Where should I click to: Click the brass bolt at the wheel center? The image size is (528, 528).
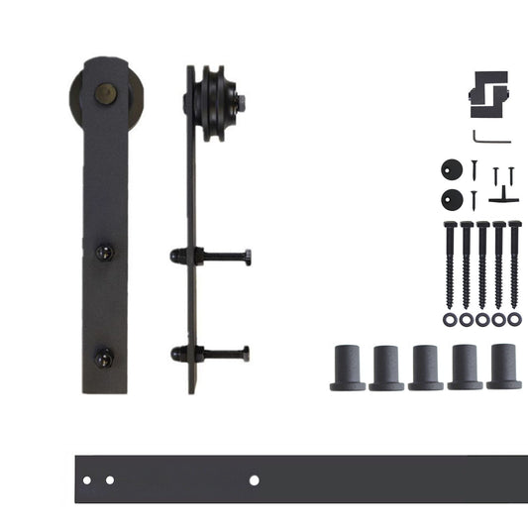(102, 94)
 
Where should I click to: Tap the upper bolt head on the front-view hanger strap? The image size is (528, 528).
(103, 253)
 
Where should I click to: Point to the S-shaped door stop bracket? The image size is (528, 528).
(489, 93)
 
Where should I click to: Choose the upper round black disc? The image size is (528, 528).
(453, 168)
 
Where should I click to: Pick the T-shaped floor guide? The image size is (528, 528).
(504, 194)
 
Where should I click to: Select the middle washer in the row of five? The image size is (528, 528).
(482, 320)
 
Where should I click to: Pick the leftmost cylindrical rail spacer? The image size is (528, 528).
(348, 368)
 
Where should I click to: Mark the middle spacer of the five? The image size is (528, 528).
(426, 367)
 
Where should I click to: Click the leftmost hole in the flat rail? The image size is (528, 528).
(87, 480)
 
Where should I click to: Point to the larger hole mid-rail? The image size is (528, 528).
(255, 480)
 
